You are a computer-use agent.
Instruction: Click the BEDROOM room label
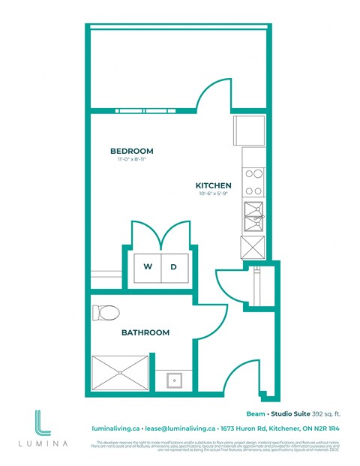(x=131, y=151)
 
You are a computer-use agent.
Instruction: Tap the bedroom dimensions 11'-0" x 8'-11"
(x=131, y=159)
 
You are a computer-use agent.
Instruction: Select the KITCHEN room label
(x=213, y=185)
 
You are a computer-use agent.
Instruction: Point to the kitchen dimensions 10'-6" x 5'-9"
(x=213, y=194)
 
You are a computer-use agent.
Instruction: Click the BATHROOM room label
(x=146, y=332)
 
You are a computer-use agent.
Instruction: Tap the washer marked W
(x=147, y=267)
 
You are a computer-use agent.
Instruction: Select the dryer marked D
(x=172, y=267)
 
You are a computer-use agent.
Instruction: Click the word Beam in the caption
(x=256, y=412)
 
